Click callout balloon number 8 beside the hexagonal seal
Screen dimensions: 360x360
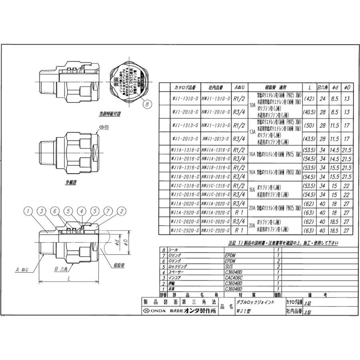pos(148,104)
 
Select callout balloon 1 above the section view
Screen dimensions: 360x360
pos(28,211)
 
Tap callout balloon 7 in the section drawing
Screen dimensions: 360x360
pos(107,211)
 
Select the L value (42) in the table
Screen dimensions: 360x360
pos(309,98)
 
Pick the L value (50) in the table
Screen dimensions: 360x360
pos(309,125)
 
